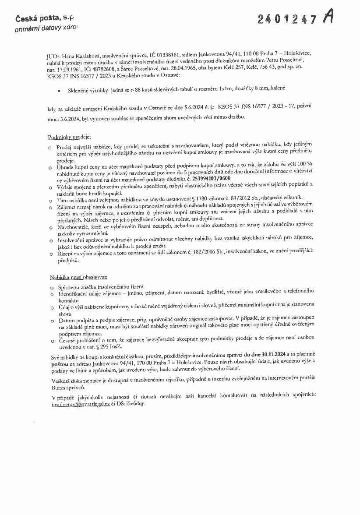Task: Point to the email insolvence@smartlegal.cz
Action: (80, 405)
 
